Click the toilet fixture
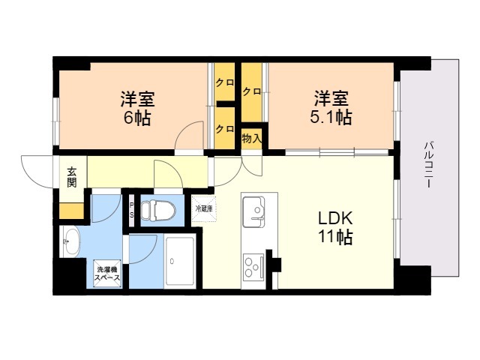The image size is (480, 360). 158,210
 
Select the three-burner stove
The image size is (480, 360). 253,266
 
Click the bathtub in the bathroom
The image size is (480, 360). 180,260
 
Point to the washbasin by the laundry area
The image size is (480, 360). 70,241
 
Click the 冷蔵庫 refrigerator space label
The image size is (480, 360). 204,209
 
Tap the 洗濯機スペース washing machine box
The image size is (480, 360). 107,274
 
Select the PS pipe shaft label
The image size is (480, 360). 132,210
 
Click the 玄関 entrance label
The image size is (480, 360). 72,178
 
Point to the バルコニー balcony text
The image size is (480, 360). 428,164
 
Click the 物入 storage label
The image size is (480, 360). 252,139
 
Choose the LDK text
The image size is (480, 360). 335,218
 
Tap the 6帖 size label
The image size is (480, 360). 136,118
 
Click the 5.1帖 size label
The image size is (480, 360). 331,117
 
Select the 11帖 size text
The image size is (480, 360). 336,237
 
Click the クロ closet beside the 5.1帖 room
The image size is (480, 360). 252,91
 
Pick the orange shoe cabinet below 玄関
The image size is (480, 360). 71,211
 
